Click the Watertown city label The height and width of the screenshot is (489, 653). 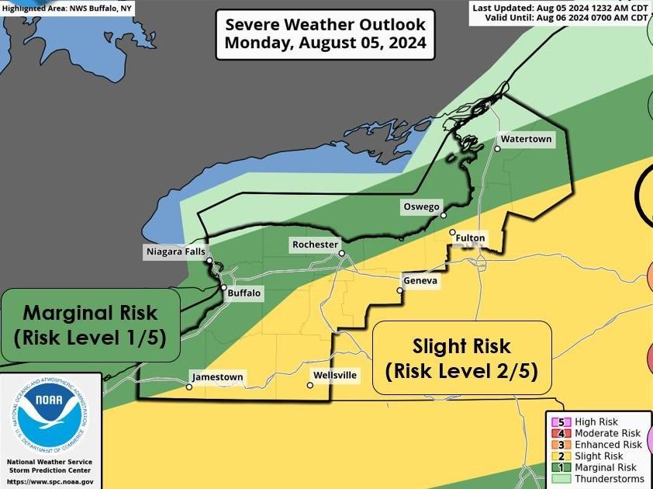point(526,139)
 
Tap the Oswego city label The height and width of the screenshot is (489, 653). point(422,206)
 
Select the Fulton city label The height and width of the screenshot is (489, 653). point(470,238)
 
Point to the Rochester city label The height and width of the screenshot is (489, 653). point(315,244)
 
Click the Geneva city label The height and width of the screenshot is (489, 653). point(420,280)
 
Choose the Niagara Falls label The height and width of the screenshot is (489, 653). point(175,251)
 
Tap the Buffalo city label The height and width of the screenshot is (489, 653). point(244,293)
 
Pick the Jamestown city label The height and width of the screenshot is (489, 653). point(218,377)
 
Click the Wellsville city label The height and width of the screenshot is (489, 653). point(335,375)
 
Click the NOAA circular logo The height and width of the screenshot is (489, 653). point(50,415)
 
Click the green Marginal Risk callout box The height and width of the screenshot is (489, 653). point(90,325)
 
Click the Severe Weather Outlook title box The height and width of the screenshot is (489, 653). point(325,34)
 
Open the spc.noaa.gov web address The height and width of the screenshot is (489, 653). point(50,481)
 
